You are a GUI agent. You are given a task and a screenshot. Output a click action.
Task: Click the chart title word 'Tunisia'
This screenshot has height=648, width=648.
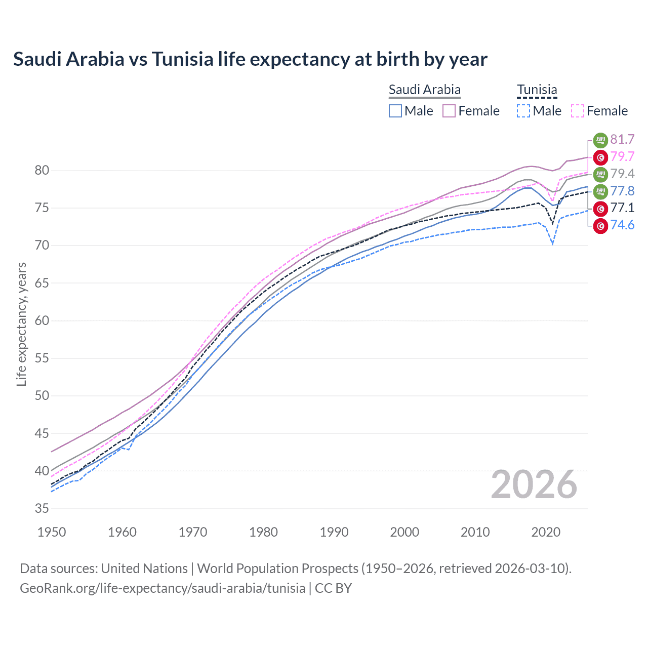[182, 59]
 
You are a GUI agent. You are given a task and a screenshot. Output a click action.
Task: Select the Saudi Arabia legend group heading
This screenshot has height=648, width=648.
[424, 90]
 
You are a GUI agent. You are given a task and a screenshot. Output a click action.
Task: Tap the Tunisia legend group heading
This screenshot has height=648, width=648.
[537, 90]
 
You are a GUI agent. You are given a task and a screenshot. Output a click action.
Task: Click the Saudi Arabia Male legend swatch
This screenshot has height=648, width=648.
[395, 111]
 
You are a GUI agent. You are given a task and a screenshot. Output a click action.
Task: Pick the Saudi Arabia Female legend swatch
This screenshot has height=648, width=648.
[449, 111]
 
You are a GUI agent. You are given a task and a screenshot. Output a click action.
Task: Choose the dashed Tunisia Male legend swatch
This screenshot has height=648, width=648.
[523, 111]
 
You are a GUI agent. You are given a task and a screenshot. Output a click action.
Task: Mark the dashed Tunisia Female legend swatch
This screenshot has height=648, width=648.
[578, 111]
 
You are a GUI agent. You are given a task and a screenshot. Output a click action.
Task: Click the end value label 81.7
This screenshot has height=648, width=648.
[622, 139]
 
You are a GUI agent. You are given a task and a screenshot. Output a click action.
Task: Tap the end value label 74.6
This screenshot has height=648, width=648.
[622, 225]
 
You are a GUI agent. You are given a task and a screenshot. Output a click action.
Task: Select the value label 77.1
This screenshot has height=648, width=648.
[622, 208]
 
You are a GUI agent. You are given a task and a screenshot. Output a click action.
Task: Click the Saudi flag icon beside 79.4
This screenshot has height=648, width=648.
[600, 174]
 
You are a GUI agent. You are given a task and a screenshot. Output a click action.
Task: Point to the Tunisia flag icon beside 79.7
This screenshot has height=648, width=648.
[600, 157]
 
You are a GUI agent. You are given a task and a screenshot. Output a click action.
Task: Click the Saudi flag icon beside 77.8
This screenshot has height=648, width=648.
[600, 191]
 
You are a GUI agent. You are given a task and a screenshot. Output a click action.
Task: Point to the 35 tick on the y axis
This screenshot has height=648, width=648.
[42, 508]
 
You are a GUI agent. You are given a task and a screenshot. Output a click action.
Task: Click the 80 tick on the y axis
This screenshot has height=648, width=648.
[42, 170]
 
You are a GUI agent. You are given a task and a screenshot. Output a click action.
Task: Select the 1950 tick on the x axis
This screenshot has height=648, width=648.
[52, 532]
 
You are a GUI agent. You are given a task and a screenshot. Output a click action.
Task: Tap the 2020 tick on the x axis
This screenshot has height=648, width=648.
[546, 532]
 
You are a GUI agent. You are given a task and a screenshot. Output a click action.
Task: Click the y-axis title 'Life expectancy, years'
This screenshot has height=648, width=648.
[21, 324]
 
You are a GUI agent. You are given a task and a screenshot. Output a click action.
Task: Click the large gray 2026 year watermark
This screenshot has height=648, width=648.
[534, 484]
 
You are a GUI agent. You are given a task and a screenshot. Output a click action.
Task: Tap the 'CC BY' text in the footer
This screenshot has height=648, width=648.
[333, 588]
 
